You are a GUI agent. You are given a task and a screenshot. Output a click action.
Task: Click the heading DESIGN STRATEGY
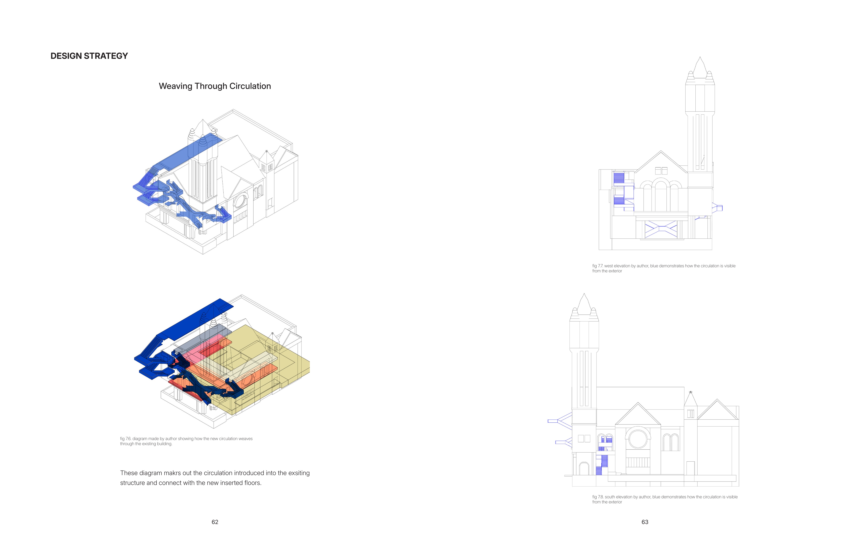[89, 56]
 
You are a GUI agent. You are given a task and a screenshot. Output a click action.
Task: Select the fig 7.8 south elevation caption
[665, 499]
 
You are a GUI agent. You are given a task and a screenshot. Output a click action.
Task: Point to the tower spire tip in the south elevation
[584, 294]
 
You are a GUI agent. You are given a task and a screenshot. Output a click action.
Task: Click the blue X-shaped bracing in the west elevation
[661, 228]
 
